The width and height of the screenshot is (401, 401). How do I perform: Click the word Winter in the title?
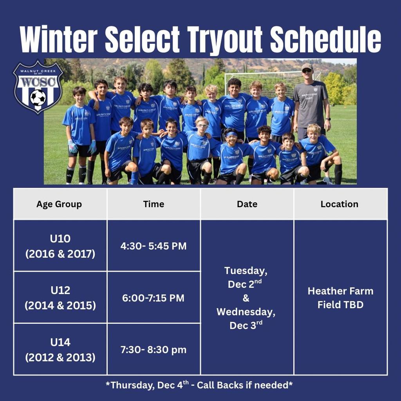pos(59,39)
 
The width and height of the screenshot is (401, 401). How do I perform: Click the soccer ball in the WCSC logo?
pos(38,98)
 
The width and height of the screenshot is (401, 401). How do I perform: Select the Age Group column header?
pos(59,204)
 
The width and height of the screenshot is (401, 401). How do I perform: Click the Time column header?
pos(154,204)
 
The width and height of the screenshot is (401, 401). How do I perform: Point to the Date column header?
pos(247,204)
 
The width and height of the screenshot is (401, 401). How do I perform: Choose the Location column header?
pos(340,204)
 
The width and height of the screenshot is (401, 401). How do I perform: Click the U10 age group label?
pos(60,238)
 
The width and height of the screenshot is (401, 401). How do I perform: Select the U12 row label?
pos(60,290)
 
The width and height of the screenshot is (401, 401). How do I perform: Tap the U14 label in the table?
pos(60,342)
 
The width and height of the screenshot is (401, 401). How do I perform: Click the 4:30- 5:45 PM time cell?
pos(154,246)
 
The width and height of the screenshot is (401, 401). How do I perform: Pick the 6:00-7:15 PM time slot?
pos(153,298)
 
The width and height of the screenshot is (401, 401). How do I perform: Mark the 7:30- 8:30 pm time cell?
pos(154,350)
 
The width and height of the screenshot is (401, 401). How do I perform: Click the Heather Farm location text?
pos(340,291)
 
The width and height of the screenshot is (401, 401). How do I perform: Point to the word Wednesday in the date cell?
pos(246,312)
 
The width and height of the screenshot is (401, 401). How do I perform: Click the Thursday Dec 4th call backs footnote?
pos(199,385)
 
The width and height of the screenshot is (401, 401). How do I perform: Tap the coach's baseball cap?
pos(307,67)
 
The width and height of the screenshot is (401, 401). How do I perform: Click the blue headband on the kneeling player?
pos(231,134)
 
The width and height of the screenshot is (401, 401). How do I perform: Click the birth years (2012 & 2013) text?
pos(60,357)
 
